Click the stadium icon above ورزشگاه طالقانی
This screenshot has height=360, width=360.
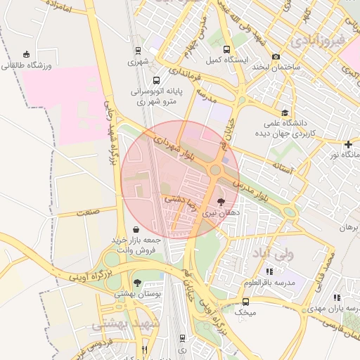[27, 54]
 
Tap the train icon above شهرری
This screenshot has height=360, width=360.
[138, 51]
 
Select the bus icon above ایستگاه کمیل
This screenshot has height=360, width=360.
[226, 50]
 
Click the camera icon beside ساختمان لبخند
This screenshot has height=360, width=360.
[276, 56]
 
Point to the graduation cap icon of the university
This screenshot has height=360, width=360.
[285, 112]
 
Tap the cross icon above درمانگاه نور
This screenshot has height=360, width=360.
[348, 143]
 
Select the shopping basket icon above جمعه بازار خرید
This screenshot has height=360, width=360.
[135, 229]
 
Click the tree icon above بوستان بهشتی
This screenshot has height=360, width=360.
[137, 282]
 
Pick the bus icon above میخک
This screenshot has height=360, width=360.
[245, 302]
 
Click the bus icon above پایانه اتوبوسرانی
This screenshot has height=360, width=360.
[155, 80]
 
